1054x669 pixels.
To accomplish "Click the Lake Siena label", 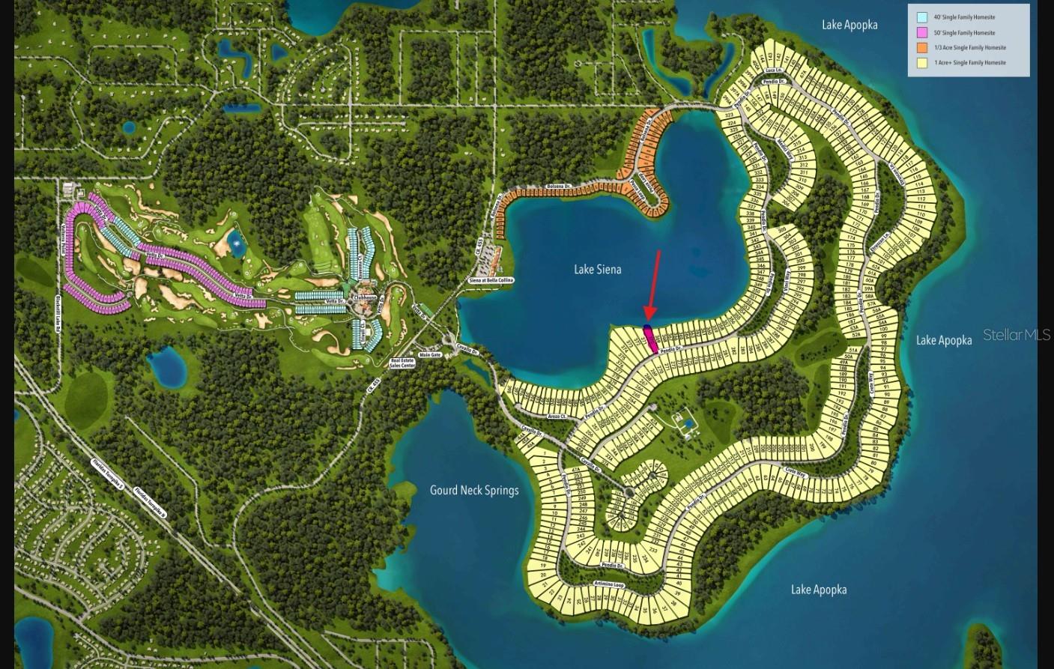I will (x=597, y=270).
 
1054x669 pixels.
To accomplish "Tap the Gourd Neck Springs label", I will (x=473, y=491).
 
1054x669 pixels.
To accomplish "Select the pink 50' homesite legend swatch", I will (x=922, y=33).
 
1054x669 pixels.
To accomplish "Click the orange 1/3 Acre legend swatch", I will (x=922, y=48).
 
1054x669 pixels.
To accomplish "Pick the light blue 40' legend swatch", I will (x=922, y=17).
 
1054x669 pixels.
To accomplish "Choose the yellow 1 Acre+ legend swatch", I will (x=922, y=63).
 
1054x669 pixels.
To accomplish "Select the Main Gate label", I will (x=429, y=355).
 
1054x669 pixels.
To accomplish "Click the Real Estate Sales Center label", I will (x=402, y=363).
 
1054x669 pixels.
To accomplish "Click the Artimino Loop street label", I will (x=608, y=584).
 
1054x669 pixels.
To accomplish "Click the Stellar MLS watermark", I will (x=1016, y=335).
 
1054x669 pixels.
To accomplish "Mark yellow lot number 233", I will (x=652, y=550).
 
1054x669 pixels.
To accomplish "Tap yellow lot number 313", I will (x=802, y=158).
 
